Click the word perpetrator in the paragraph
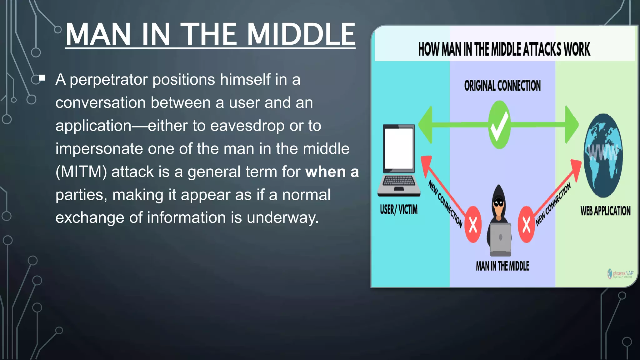tap(108, 80)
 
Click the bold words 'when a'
tap(332, 172)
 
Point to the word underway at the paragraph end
tap(282, 218)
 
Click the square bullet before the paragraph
tap(42, 78)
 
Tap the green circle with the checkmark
tap(499, 125)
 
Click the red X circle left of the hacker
tap(473, 224)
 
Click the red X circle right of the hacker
tap(526, 224)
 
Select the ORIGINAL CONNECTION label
tap(502, 86)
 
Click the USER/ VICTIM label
tap(398, 210)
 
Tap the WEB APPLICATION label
tap(605, 211)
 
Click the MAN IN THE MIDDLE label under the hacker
tap(502, 266)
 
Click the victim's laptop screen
tap(399, 148)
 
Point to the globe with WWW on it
tap(603, 155)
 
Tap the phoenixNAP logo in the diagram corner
tap(620, 274)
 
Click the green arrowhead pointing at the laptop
tap(426, 125)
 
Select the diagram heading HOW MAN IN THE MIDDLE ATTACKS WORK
tap(504, 49)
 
